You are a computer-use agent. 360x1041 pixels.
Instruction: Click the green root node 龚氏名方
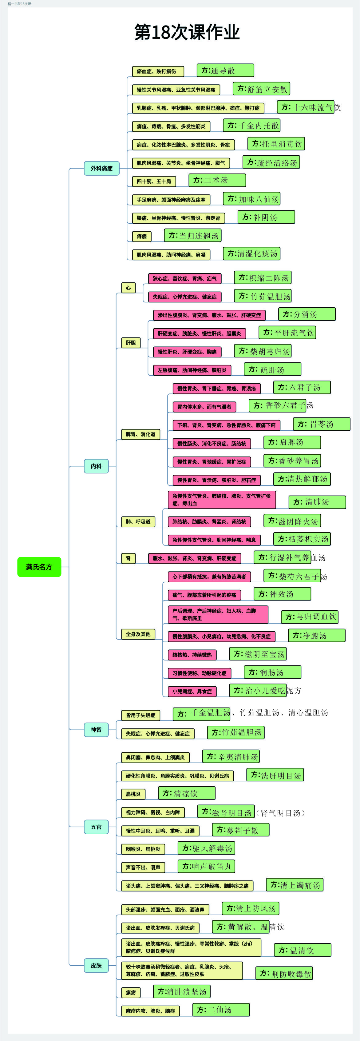tap(39, 567)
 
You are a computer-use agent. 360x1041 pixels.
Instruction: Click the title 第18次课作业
tap(187, 32)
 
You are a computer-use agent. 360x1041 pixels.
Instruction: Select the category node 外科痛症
tap(102, 168)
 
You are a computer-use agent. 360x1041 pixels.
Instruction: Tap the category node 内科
tap(96, 466)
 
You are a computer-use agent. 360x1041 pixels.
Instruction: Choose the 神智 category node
tap(96, 729)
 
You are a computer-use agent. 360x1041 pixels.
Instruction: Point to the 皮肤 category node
tap(96, 965)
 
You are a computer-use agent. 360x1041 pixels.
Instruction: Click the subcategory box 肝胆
tap(131, 343)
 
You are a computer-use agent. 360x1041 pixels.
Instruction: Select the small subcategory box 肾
tap(129, 558)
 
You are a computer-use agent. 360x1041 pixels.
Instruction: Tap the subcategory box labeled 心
tap(129, 288)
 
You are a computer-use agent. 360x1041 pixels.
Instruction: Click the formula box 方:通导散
tap(225, 70)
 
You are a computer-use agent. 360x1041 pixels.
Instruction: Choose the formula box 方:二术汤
tap(217, 180)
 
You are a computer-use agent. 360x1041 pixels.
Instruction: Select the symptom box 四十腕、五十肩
tap(154, 181)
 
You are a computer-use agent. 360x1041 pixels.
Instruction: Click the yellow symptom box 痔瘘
tap(142, 236)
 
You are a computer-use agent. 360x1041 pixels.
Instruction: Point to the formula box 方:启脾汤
tap(292, 442)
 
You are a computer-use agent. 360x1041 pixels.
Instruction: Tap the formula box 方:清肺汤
tap(317, 502)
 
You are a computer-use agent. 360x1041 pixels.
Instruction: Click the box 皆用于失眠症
tap(140, 715)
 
